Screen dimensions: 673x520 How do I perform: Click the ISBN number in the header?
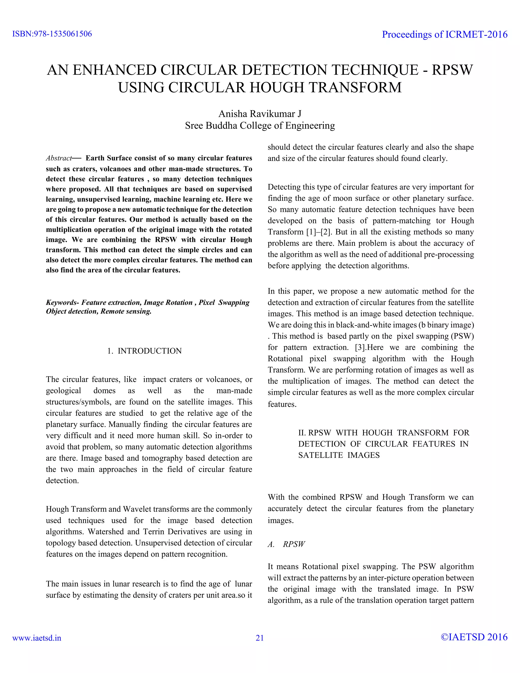[52, 34]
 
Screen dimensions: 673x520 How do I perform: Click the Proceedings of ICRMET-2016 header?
[445, 35]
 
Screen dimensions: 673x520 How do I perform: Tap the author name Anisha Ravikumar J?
[260, 114]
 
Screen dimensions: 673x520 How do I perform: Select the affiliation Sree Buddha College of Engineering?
[260, 126]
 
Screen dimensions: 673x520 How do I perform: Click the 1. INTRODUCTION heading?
[144, 351]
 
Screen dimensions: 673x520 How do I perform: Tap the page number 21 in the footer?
[260, 638]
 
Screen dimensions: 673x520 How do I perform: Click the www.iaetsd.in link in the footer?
[37, 638]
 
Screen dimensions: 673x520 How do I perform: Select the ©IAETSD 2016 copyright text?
[474, 637]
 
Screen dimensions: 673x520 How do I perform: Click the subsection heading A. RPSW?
[286, 544]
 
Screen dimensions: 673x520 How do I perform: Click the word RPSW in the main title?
[452, 70]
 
